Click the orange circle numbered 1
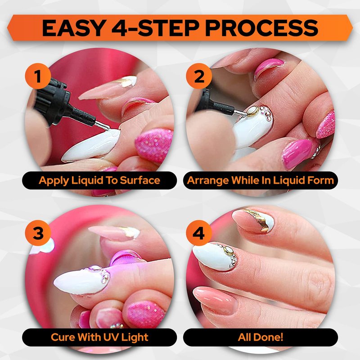coord(38,76)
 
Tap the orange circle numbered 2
coord(199,76)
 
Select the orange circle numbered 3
coord(38,233)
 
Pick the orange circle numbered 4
coord(199,233)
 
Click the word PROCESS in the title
coord(261,28)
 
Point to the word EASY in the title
coord(74,28)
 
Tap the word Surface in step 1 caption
coord(140,180)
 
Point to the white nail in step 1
coord(91,145)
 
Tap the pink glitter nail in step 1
coord(154,144)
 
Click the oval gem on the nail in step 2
coord(252,111)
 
